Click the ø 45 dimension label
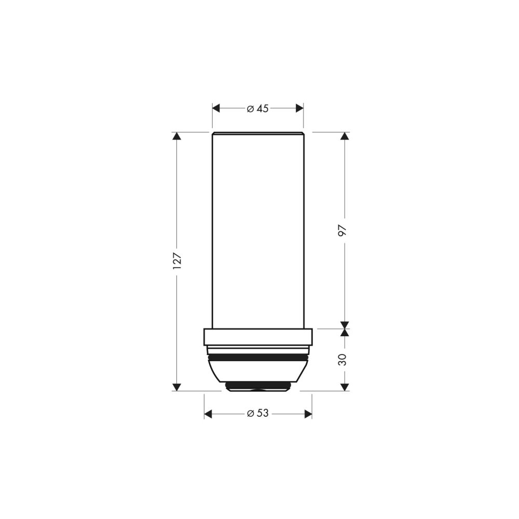pos(257,108)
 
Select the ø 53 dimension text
pos(257,414)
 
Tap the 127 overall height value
pos(177,261)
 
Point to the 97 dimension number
pos(343,230)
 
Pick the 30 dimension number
pos(343,360)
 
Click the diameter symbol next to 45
pos(250,108)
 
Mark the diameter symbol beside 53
pos(250,414)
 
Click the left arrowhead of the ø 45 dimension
pos(217,108)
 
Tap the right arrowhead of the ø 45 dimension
pos(299,108)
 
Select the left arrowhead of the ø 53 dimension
pos(209,414)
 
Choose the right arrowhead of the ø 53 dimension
pos(307,414)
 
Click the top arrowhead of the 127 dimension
pos(177,136)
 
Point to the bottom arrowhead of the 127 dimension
pos(177,386)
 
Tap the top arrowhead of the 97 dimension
pos(343,136)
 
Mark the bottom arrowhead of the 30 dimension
pos(343,386)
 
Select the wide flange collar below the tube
pos(257,337)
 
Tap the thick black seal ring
pos(257,357)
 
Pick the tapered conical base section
pos(257,371)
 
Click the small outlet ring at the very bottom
pos(257,386)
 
